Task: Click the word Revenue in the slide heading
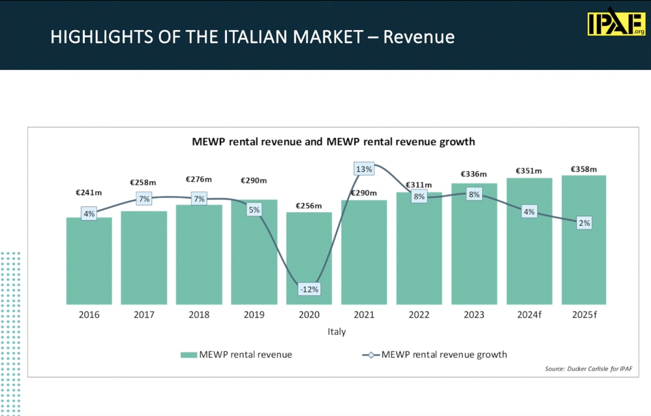tap(418, 37)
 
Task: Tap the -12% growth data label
tap(309, 289)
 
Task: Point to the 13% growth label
tap(364, 169)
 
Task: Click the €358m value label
tap(584, 169)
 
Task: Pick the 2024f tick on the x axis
tap(529, 315)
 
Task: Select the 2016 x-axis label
tap(89, 315)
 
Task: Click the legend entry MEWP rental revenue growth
tap(444, 355)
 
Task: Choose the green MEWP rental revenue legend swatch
tap(189, 355)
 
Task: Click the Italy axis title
tap(337, 332)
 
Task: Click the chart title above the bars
tap(333, 141)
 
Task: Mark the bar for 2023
tap(474, 248)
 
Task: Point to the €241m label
tap(89, 193)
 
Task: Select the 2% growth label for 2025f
tap(584, 223)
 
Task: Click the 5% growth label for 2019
tap(254, 210)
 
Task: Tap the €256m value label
tap(309, 206)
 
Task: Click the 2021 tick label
tap(364, 315)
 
